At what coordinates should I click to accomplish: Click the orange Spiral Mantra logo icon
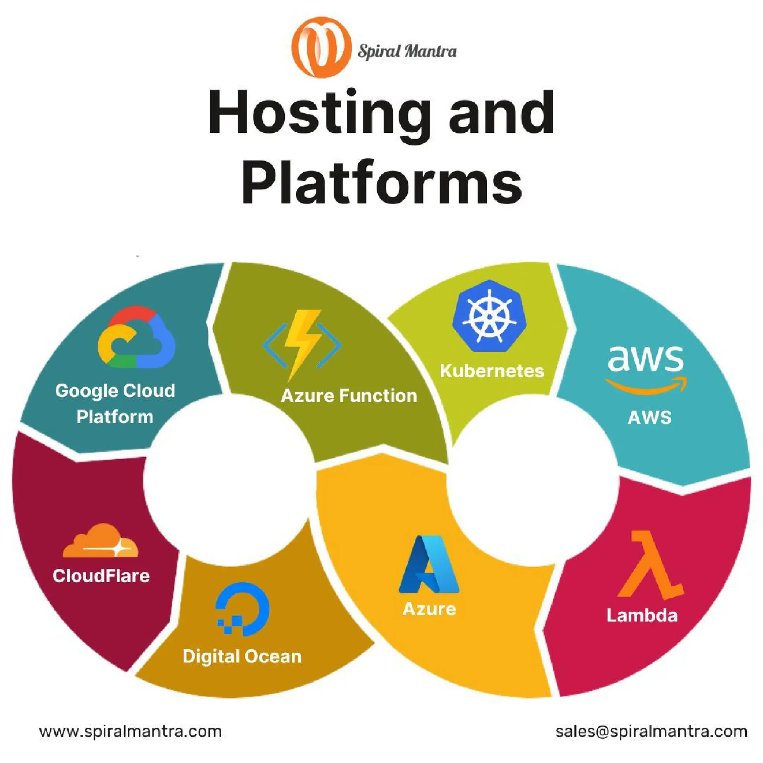point(321,47)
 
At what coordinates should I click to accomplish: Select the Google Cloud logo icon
point(136,338)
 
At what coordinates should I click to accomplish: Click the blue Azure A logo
point(429,564)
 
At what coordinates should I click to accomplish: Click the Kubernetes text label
point(492,371)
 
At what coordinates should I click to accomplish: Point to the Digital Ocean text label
point(242,656)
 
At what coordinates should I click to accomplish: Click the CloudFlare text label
point(101,576)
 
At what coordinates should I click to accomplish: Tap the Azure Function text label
point(349,396)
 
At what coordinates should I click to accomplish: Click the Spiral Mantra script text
point(407,51)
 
